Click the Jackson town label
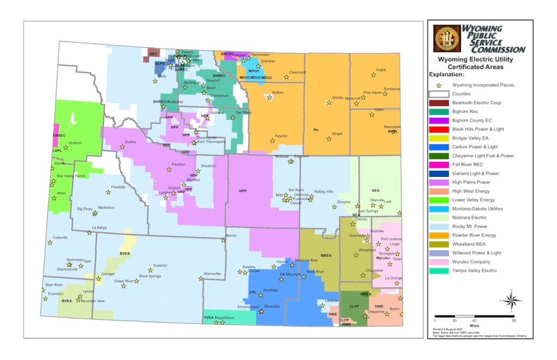(x=75, y=143)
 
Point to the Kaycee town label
(x=281, y=136)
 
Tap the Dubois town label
(x=131, y=142)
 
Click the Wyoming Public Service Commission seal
(x=446, y=39)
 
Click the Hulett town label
(x=381, y=71)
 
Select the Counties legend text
(x=462, y=94)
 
